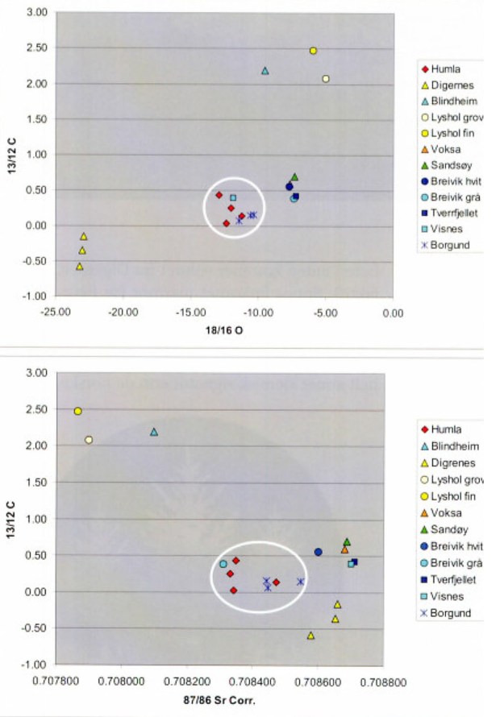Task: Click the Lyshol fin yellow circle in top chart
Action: (x=314, y=51)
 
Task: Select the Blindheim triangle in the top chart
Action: (x=265, y=71)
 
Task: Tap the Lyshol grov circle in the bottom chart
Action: (x=89, y=440)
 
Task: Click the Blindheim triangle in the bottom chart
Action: (x=154, y=432)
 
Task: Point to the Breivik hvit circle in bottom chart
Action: (x=318, y=552)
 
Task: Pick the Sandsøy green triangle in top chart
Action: (x=294, y=177)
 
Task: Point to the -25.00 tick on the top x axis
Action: (x=56, y=313)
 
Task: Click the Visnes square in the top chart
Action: (x=233, y=197)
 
